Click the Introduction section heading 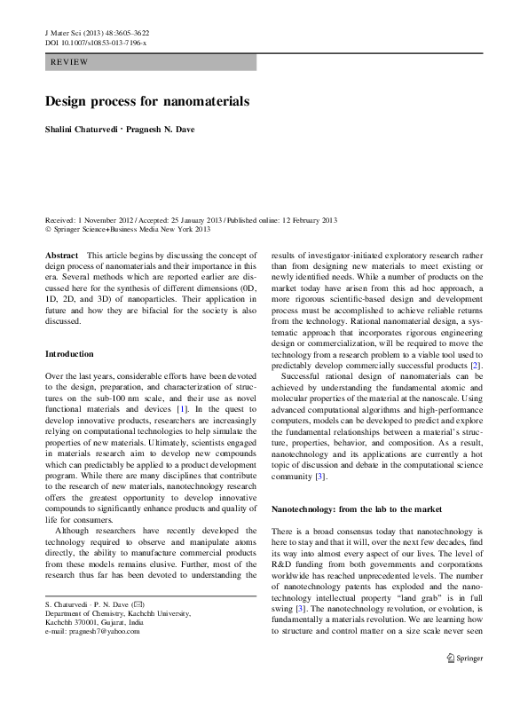(69, 354)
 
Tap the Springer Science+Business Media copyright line (127, 230)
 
